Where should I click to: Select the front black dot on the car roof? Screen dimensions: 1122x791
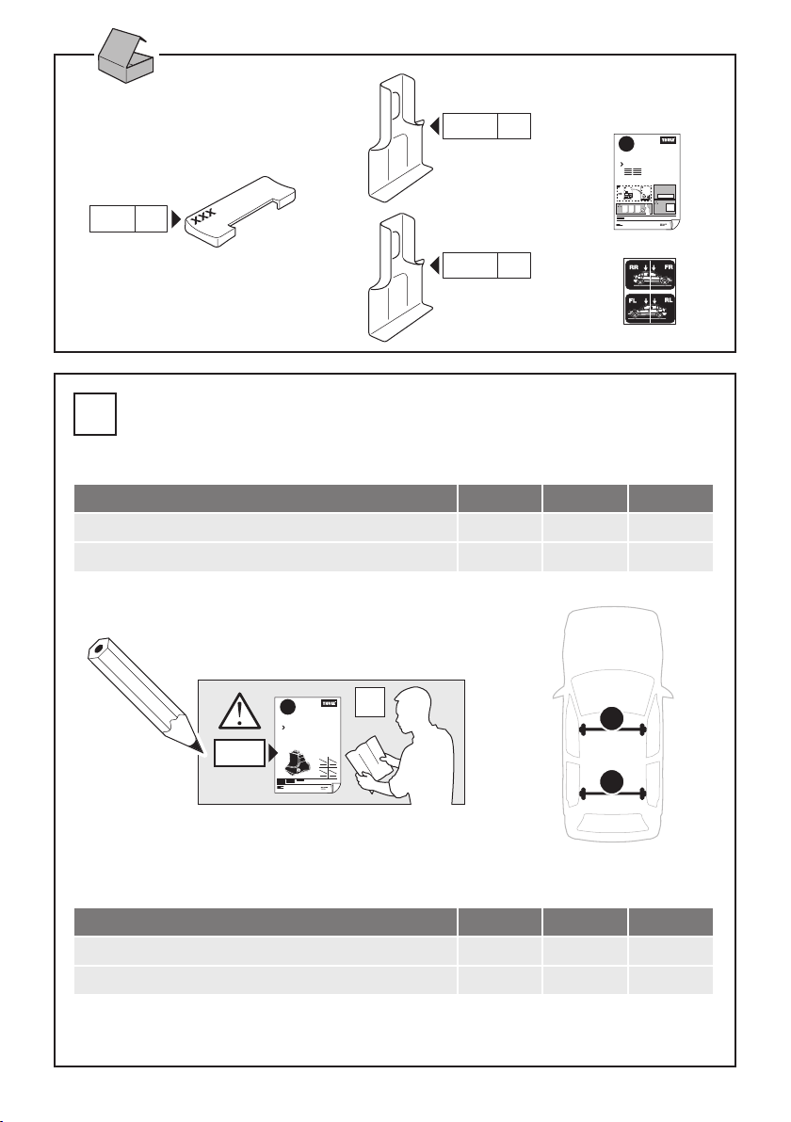(614, 718)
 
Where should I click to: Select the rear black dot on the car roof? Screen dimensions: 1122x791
(614, 780)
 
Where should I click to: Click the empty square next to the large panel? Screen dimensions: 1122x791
(95, 414)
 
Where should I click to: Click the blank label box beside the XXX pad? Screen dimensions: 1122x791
(126, 219)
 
